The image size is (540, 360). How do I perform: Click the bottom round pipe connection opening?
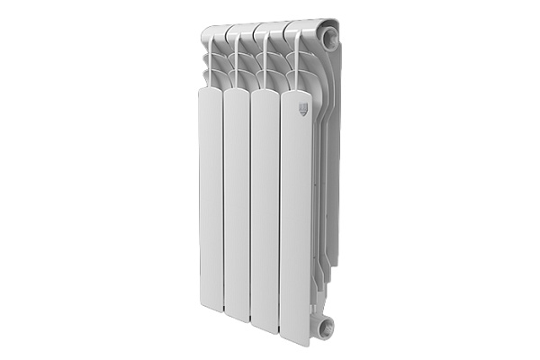(325, 327)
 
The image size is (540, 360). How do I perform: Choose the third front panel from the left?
(265, 207)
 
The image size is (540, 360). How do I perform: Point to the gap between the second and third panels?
(250, 207)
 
